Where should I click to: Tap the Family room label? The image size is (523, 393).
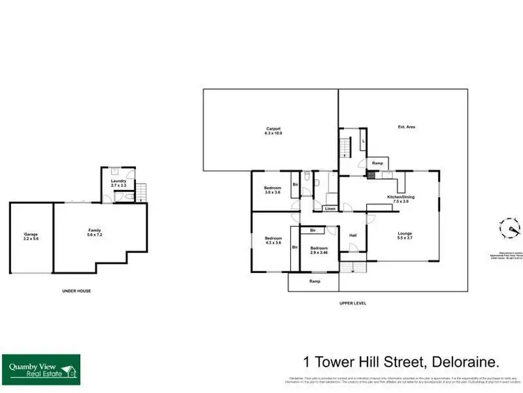coord(95,232)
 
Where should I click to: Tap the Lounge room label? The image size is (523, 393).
coord(404,235)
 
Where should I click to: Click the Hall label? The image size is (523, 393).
coord(353,235)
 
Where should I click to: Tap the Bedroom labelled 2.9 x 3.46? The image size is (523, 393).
coord(318,251)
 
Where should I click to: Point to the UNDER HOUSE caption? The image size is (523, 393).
coord(75,290)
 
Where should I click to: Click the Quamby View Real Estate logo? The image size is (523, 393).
coord(41,369)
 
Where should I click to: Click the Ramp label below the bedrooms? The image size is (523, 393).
coord(314,281)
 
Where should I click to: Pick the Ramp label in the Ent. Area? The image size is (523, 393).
coord(377,163)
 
